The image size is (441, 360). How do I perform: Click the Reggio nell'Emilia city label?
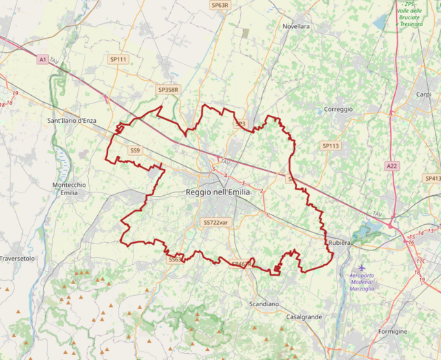tap(218, 192)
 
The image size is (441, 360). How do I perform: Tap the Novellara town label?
tap(296, 26)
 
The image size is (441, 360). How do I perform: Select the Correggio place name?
tap(338, 109)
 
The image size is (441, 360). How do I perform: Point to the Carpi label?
tap(423, 94)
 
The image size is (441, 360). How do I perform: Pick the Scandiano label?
tap(264, 303)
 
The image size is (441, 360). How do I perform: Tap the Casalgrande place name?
tap(303, 317)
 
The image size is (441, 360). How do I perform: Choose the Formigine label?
tap(393, 332)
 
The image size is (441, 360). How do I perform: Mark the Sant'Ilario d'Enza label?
tap(72, 121)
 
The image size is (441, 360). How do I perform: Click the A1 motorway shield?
tap(43, 60)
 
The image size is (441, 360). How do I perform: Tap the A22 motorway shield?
tap(392, 166)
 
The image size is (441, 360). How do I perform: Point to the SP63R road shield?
tap(220, 5)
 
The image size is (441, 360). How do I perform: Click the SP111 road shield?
tap(119, 60)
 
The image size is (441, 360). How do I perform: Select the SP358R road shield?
tap(168, 90)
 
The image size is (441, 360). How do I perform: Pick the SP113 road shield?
tap(331, 146)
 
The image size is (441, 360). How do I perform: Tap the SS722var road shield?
tap(215, 223)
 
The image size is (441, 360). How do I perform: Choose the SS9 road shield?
tap(135, 150)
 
